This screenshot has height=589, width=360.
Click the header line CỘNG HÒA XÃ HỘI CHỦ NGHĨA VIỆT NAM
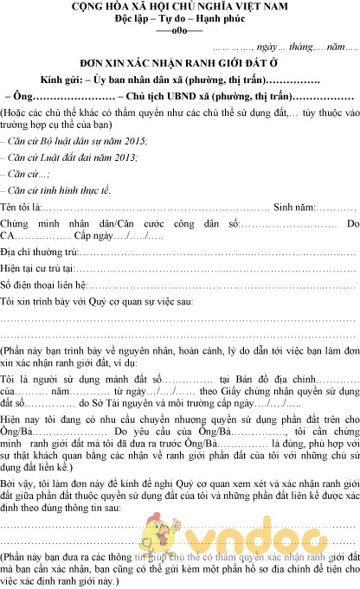(x=180, y=8)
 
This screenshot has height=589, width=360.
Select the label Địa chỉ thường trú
(x=40, y=252)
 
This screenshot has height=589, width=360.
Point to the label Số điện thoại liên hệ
(x=44, y=285)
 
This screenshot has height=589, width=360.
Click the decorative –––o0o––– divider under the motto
(x=180, y=31)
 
